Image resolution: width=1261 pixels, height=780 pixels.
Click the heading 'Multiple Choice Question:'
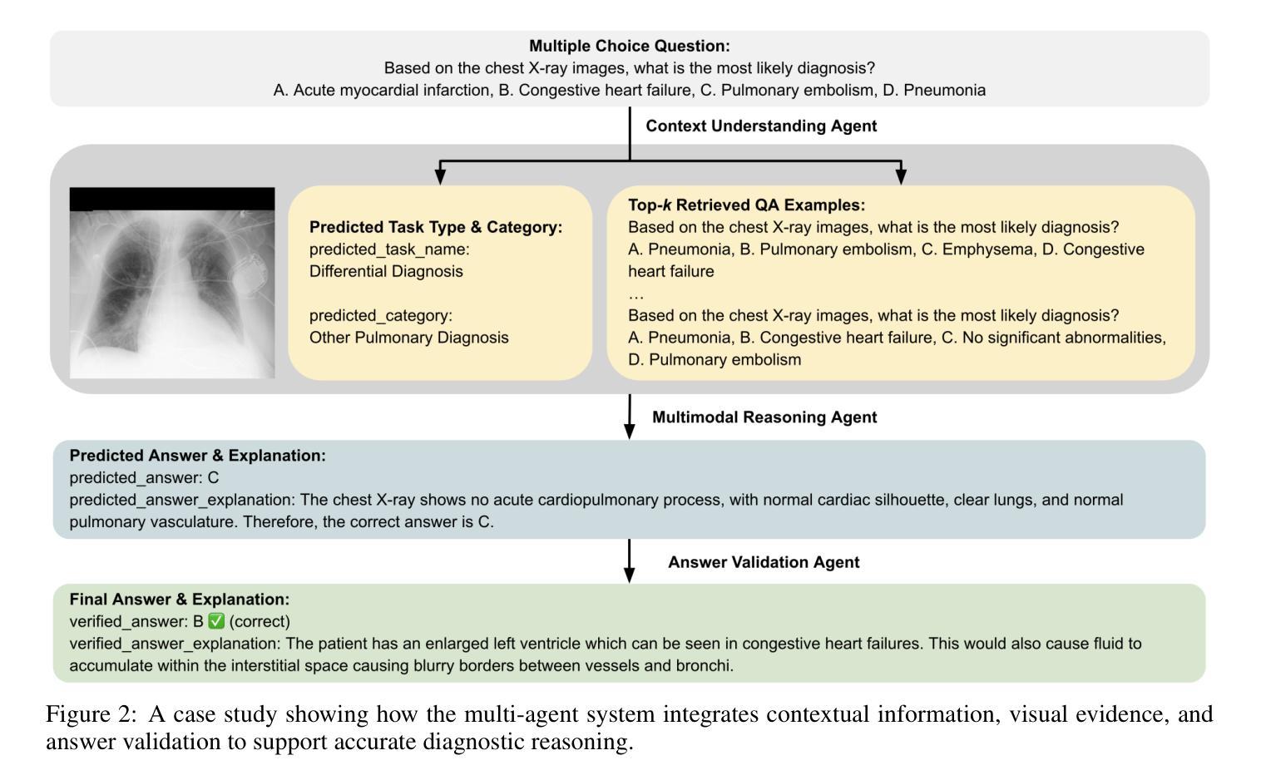pos(630,46)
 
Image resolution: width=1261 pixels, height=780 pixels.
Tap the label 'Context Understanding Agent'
pos(761,126)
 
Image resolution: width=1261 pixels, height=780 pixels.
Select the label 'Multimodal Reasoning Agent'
pos(764,417)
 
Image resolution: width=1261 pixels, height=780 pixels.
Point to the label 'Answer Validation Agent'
pos(764,562)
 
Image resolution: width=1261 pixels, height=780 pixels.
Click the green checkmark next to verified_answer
pos(216,621)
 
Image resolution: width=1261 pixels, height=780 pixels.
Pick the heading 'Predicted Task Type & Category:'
pos(436,227)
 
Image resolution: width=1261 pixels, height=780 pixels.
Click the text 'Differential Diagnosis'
pos(386,271)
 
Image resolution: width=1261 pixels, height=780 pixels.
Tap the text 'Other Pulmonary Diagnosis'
pos(408,338)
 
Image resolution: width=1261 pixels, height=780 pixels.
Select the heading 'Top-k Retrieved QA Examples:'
pos(746,205)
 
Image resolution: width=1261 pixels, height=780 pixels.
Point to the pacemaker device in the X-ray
pos(248,274)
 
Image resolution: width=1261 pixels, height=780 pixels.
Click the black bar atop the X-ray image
pos(172,200)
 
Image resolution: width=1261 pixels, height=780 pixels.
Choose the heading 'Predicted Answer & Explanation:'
pos(198,456)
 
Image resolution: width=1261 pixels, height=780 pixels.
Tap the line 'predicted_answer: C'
pos(144,478)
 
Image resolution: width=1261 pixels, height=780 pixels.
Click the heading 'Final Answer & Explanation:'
pos(180,600)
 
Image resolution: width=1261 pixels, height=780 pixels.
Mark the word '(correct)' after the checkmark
pos(260,621)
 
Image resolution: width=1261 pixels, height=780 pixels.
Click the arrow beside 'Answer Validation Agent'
pos(630,561)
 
